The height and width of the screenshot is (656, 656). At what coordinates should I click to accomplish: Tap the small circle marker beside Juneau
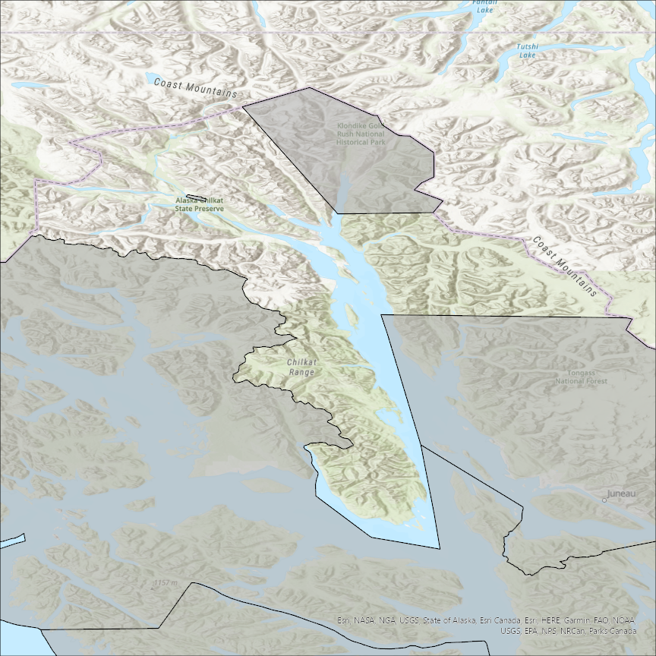(x=604, y=500)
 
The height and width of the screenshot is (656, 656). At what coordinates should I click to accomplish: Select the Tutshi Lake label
(x=527, y=51)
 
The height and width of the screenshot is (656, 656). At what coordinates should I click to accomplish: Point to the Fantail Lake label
(x=484, y=7)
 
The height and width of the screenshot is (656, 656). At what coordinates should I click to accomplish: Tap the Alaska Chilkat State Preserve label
(x=200, y=203)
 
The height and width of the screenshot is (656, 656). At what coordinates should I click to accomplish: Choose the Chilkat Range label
(x=302, y=367)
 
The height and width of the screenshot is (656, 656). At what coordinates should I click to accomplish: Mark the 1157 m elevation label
(x=165, y=582)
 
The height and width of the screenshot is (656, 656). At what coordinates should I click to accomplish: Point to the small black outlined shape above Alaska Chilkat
(x=197, y=194)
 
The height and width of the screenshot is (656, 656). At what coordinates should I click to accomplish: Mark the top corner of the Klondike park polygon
(x=309, y=88)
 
